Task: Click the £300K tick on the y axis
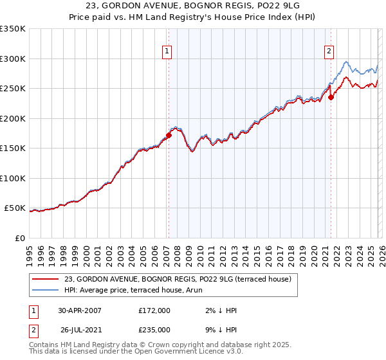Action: [x=13, y=59]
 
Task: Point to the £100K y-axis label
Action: [x=13, y=178]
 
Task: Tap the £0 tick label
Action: [x=19, y=238]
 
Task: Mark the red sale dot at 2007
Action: [x=169, y=135]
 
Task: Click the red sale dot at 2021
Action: [x=331, y=98]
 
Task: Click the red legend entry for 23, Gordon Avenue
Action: [x=178, y=279]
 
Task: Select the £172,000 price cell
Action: [x=154, y=310]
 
